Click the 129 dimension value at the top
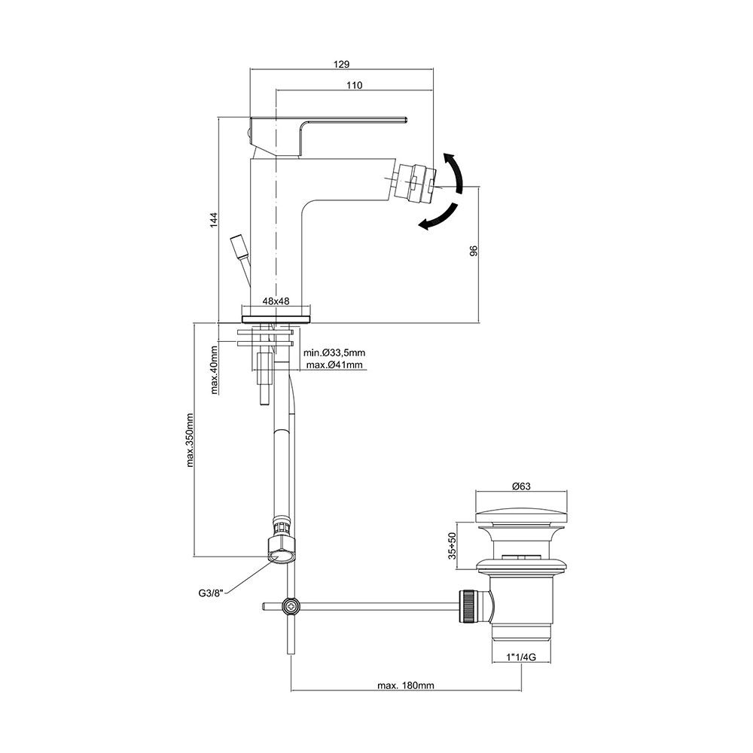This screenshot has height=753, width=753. pos(342,64)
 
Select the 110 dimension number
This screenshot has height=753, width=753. pos(355,85)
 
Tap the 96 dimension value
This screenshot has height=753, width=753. pos(474,252)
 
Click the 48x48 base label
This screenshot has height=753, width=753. pos(276,301)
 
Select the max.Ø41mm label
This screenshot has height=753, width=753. pos(335,365)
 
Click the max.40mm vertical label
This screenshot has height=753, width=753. pos(214,369)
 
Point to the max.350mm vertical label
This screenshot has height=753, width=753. pos(190,440)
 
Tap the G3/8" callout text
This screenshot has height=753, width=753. pos(212,593)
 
